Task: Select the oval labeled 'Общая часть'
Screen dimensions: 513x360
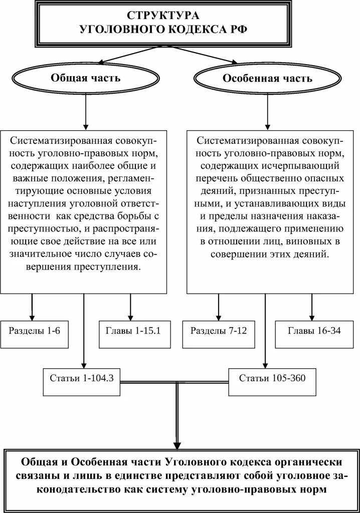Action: pos(85,79)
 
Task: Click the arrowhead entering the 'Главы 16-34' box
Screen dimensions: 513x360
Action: pos(312,318)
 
